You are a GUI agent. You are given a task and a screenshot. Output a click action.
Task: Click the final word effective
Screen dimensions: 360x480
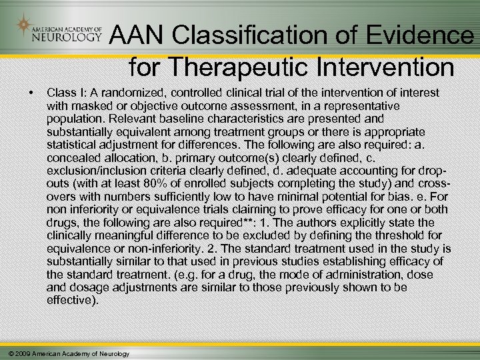point(71,300)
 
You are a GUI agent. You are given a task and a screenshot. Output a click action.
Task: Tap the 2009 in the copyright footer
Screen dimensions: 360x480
point(20,353)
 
